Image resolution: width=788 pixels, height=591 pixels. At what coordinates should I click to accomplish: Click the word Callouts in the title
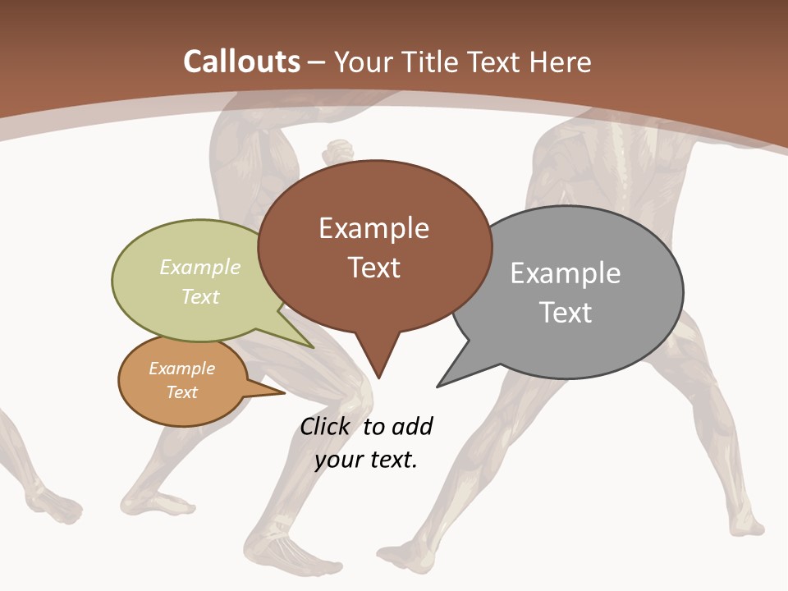(x=242, y=62)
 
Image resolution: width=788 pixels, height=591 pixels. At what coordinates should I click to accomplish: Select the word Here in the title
(x=561, y=62)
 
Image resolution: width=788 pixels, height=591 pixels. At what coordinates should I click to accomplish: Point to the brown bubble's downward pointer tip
(x=378, y=378)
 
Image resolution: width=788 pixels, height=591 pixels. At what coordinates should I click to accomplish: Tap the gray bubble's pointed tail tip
(x=438, y=386)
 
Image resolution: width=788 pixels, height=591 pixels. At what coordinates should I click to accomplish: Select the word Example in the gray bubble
(x=566, y=273)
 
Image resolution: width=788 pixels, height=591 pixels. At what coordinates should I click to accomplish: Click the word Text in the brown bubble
(x=374, y=268)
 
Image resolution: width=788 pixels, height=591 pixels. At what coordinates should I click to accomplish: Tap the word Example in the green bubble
(x=200, y=268)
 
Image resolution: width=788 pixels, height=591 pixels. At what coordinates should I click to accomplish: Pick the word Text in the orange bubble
(x=182, y=392)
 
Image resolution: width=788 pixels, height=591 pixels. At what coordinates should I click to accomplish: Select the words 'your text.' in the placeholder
(x=366, y=460)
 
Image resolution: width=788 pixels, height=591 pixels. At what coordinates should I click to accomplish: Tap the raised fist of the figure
(x=338, y=153)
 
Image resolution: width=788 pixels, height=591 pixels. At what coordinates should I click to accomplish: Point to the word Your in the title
(x=363, y=62)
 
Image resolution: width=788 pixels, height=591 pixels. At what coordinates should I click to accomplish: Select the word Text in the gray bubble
(x=566, y=313)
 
